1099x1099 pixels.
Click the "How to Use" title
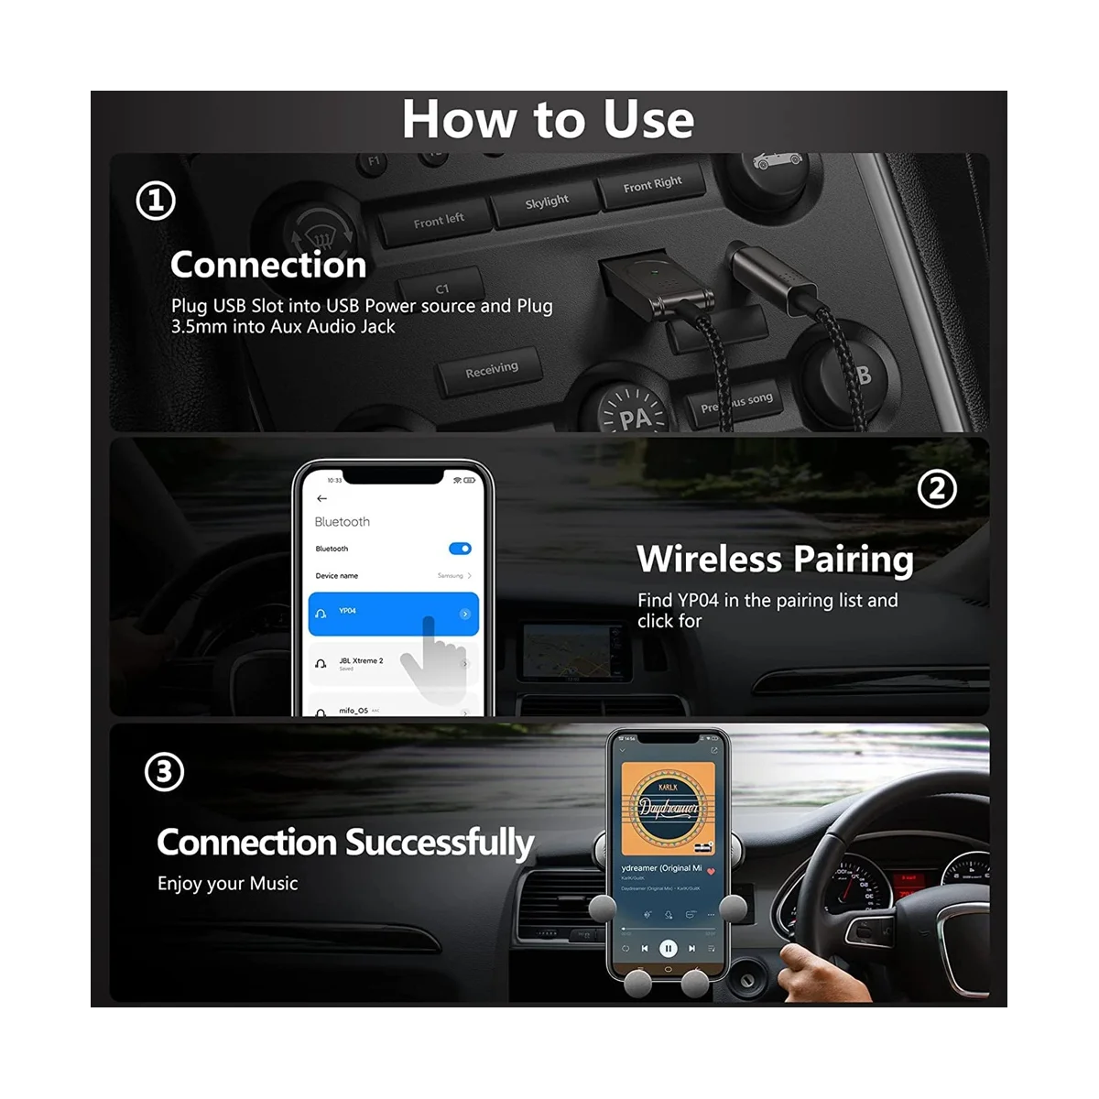[x=548, y=120]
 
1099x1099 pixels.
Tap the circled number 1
[x=156, y=201]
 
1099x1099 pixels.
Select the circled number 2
[x=937, y=490]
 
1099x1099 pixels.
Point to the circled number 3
[x=164, y=772]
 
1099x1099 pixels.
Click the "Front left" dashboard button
[x=439, y=221]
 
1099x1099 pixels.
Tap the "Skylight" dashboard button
[x=547, y=201]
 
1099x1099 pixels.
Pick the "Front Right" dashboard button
[x=652, y=184]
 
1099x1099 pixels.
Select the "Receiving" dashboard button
[x=491, y=369]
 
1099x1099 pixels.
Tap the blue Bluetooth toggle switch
[x=460, y=549]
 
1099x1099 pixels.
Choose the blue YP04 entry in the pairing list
[x=393, y=614]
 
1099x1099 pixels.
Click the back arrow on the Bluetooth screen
[x=321, y=498]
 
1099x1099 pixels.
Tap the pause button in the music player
[x=669, y=949]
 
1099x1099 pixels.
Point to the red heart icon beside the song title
[x=711, y=871]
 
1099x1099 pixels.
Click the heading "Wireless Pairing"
[x=775, y=559]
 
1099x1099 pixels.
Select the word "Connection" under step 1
[x=268, y=265]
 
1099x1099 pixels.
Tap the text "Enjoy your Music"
[x=227, y=884]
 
